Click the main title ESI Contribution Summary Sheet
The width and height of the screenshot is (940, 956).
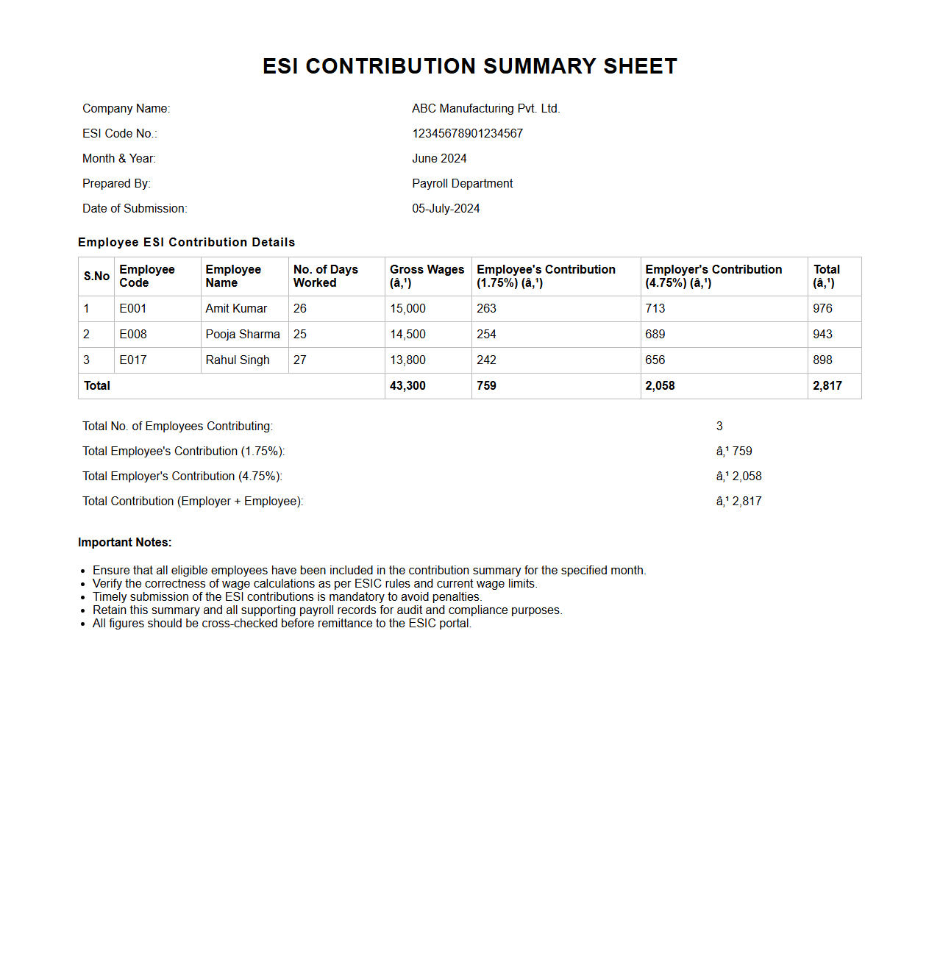[469, 66]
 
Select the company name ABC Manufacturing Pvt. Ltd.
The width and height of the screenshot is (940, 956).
[485, 109]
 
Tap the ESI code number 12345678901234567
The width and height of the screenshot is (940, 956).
[467, 134]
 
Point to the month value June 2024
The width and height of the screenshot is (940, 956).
[439, 159]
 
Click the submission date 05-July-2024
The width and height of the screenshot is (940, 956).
[446, 209]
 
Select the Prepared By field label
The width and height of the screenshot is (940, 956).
[116, 184]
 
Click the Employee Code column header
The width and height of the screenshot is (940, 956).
[146, 276]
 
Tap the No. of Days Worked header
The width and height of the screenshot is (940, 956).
[325, 276]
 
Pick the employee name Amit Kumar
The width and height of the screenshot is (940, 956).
[236, 309]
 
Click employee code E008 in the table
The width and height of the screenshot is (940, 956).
[133, 335]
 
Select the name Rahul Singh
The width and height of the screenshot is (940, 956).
[238, 360]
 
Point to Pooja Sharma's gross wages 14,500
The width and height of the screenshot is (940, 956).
[407, 335]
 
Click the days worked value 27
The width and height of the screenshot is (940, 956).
[300, 360]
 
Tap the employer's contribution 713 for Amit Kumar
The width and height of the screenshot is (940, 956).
[655, 309]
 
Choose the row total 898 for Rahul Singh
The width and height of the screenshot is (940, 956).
[822, 360]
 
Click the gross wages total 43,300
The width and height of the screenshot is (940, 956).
[407, 386]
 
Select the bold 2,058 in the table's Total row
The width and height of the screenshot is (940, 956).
[660, 386]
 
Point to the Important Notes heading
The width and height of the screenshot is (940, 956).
[125, 543]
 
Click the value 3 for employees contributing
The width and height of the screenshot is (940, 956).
[719, 427]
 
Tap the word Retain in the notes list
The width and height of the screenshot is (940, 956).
[109, 610]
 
